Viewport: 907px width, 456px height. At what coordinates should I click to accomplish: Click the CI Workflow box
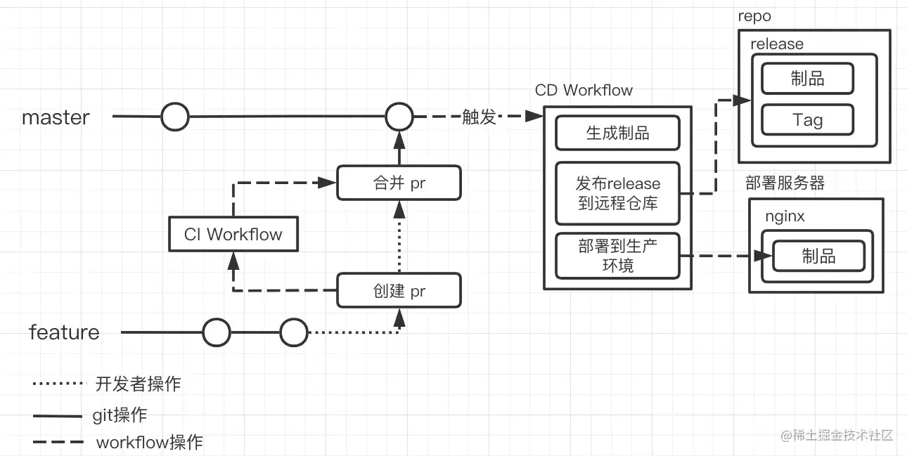click(x=233, y=235)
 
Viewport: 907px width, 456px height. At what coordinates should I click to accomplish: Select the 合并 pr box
click(x=399, y=183)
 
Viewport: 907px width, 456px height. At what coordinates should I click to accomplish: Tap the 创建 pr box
click(x=399, y=291)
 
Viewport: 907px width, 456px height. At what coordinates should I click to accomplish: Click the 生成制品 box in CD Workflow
click(x=617, y=133)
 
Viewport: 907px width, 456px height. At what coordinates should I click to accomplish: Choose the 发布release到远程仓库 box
click(x=617, y=193)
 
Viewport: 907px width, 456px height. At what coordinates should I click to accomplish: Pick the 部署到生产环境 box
click(x=617, y=255)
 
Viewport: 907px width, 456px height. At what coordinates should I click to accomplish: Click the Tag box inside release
click(x=807, y=120)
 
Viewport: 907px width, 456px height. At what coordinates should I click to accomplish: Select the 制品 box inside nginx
click(x=818, y=256)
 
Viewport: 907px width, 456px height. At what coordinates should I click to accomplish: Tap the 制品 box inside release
click(x=807, y=78)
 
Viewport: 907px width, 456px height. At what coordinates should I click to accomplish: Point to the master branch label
click(x=56, y=117)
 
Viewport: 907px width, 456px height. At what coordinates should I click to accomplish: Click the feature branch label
click(x=64, y=332)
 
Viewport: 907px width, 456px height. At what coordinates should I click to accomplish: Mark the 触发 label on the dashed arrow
click(x=480, y=117)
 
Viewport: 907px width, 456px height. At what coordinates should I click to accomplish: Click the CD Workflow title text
click(x=584, y=90)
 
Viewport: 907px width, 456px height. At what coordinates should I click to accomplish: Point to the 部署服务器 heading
click(x=785, y=183)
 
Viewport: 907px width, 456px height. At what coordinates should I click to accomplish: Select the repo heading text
click(x=754, y=16)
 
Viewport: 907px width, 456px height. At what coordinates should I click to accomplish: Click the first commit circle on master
click(x=175, y=117)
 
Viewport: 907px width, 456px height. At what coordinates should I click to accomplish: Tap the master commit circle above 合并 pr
click(x=399, y=117)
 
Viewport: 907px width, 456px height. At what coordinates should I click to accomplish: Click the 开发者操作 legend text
click(x=138, y=384)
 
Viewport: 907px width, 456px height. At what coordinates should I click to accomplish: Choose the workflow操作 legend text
click(x=149, y=443)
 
